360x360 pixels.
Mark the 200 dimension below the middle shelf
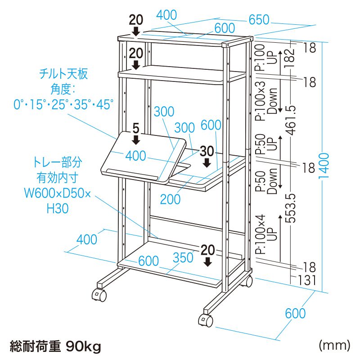pos(170,199)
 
